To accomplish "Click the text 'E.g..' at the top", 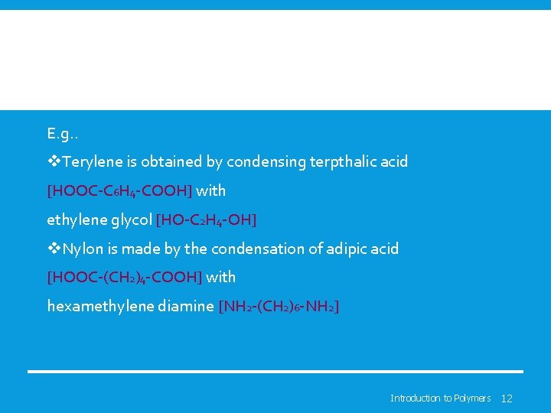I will pyautogui.click(x=62, y=135).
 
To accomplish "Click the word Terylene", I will pyautogui.click(x=91, y=162).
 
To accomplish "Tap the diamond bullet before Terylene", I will pyautogui.click(x=54, y=162).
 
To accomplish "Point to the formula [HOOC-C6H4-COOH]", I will pyautogui.click(x=119, y=190).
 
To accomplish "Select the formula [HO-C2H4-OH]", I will pyautogui.click(x=206, y=220).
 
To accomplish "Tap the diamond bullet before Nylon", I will pyautogui.click(x=54, y=249).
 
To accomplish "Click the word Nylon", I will pyautogui.click(x=80, y=249).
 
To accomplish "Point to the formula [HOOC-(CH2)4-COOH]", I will pyautogui.click(x=124, y=278).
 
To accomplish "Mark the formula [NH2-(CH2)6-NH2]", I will pyautogui.click(x=279, y=307).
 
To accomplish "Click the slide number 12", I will pyautogui.click(x=506, y=398).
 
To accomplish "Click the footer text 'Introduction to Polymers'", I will pyautogui.click(x=440, y=398).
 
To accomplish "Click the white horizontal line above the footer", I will pyautogui.click(x=275, y=372).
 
